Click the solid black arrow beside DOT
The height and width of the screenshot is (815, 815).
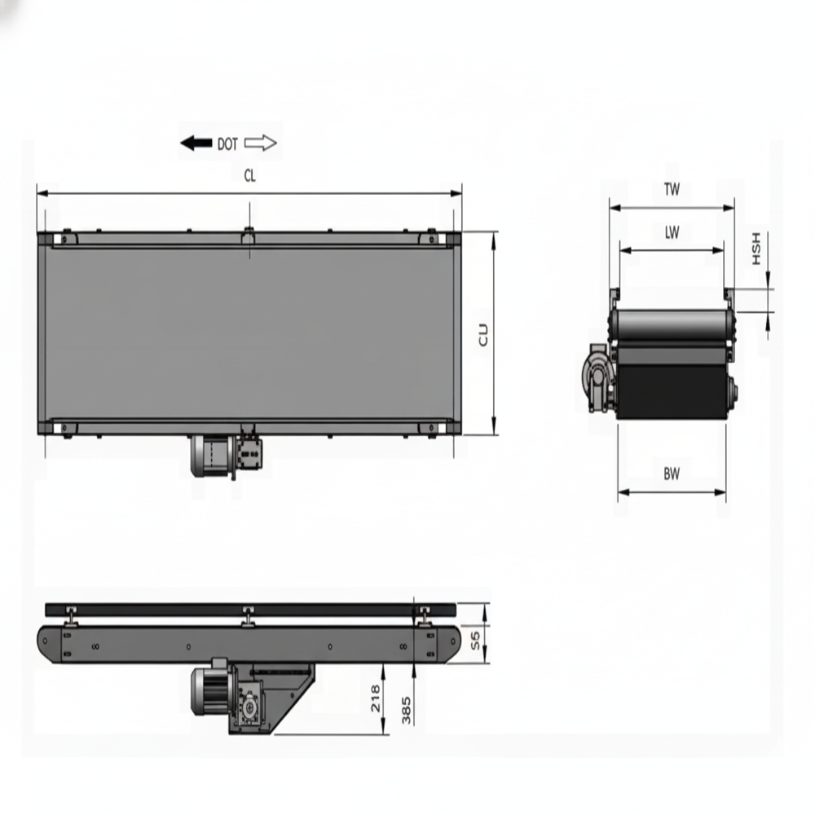(196, 144)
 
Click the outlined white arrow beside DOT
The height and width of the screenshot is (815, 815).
(261, 144)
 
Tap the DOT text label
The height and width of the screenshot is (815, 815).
(227, 144)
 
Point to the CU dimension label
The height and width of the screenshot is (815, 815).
(483, 334)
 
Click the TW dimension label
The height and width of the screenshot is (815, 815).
(672, 190)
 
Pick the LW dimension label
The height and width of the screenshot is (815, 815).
(672, 233)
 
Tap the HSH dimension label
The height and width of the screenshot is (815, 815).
(756, 249)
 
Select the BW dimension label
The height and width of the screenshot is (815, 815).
(672, 473)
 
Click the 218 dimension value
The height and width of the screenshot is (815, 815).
(376, 699)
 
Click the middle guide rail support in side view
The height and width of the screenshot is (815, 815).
(247, 616)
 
